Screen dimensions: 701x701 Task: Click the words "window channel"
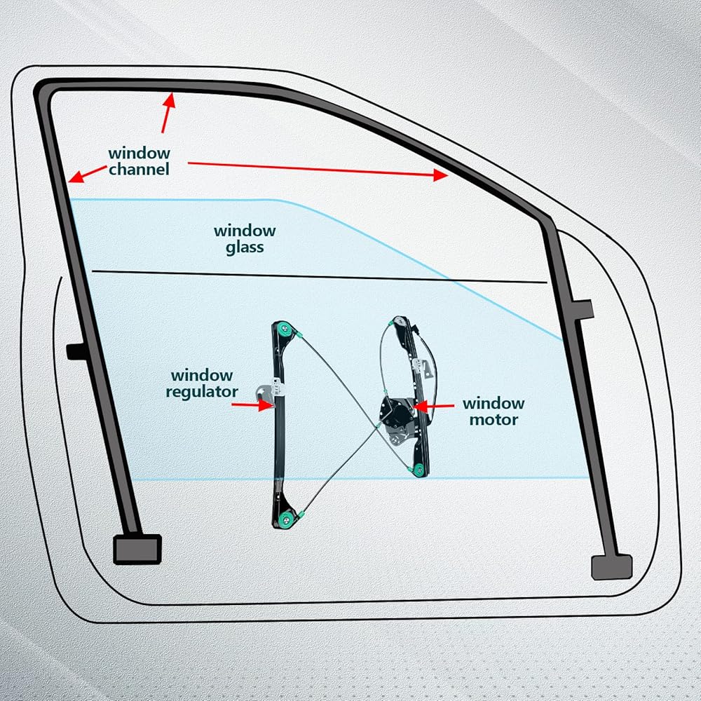pos(139,161)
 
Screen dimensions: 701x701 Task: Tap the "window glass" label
pos(245,238)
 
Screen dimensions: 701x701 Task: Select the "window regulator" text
pos(202,384)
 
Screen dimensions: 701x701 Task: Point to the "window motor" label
pos(493,411)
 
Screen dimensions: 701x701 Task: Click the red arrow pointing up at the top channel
pos(166,112)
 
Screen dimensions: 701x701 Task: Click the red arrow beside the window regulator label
pos(252,404)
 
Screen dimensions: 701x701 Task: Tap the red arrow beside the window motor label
pos(435,405)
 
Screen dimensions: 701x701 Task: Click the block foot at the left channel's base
pos(137,549)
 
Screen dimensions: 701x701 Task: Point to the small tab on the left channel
pos(75,350)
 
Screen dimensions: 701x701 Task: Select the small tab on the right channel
pos(583,308)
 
